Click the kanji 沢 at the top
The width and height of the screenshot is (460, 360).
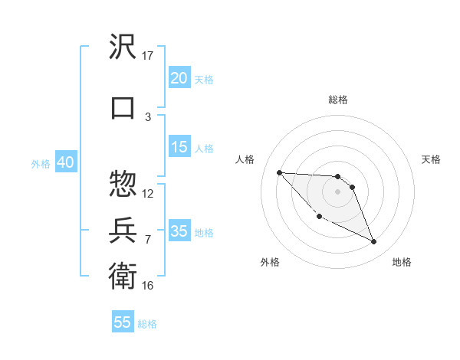point(123,47)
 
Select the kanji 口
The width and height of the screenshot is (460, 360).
point(123,106)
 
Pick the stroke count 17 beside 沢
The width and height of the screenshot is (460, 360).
point(148,55)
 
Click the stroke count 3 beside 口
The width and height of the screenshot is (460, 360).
point(148,116)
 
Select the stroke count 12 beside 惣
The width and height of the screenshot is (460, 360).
point(148,193)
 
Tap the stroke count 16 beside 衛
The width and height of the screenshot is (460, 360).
point(148,285)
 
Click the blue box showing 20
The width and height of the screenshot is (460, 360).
point(179,78)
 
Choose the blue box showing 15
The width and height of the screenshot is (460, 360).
point(179,147)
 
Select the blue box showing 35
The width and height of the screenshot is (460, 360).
point(179,231)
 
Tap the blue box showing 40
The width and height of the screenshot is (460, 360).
point(65,162)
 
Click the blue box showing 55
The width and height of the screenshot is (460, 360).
point(123,322)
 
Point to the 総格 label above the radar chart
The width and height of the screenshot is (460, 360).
point(338,100)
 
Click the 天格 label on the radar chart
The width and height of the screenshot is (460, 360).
point(432,159)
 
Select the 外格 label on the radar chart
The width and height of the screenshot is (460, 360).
point(270,262)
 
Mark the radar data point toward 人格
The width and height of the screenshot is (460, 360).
point(279,172)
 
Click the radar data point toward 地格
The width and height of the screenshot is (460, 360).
point(374,242)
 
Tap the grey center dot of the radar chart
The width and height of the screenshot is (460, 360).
point(338,191)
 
